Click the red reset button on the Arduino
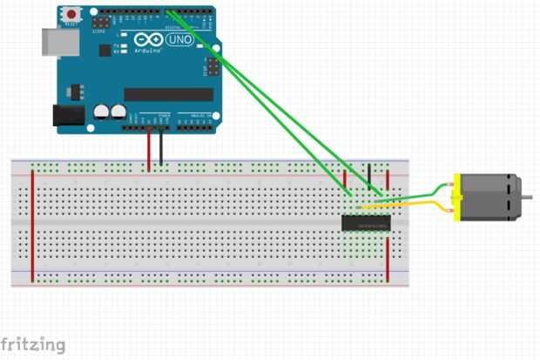click(71, 15)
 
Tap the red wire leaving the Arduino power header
click(149, 148)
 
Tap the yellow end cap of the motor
click(456, 197)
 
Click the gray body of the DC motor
click(488, 197)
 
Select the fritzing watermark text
click(32, 344)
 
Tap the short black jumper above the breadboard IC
click(369, 177)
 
